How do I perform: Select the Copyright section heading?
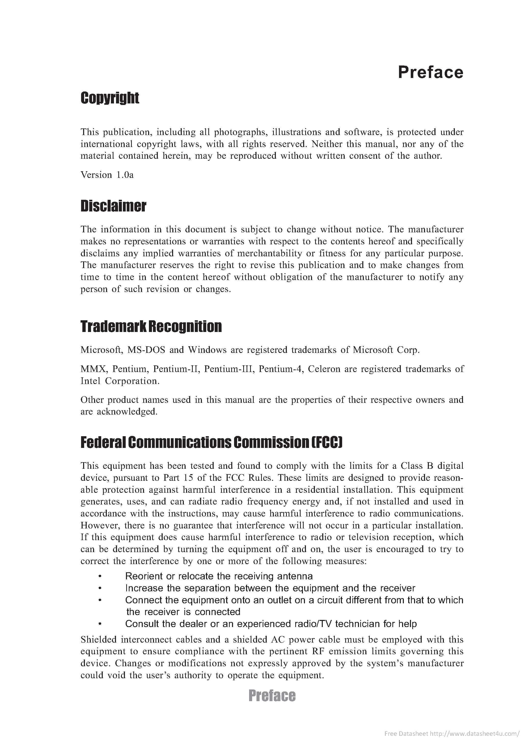tap(110, 98)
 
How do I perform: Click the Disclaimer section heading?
tap(113, 206)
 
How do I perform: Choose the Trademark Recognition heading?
tap(151, 326)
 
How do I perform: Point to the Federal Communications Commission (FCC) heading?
tap(211, 443)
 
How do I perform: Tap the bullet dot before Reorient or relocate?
tap(100, 576)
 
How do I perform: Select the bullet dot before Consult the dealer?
tap(100, 624)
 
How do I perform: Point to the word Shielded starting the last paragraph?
tap(99, 640)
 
